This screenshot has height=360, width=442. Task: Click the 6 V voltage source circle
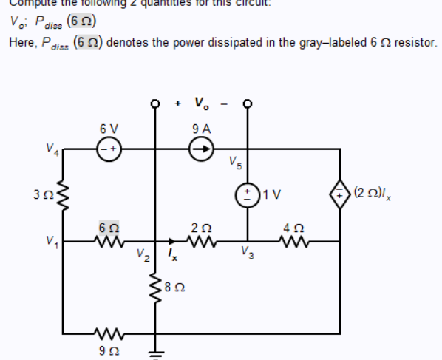click(109, 148)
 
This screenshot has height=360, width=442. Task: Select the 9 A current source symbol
click(201, 148)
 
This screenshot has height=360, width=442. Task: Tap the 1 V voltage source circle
click(244, 196)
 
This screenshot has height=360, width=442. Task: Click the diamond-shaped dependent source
click(340, 196)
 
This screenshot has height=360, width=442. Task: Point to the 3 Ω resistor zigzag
click(61, 197)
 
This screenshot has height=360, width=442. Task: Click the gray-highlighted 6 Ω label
click(109, 224)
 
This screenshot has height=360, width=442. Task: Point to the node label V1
click(51, 241)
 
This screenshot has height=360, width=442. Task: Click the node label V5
click(234, 162)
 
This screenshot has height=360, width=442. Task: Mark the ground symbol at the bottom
click(155, 351)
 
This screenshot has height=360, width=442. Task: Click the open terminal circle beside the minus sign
click(245, 103)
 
